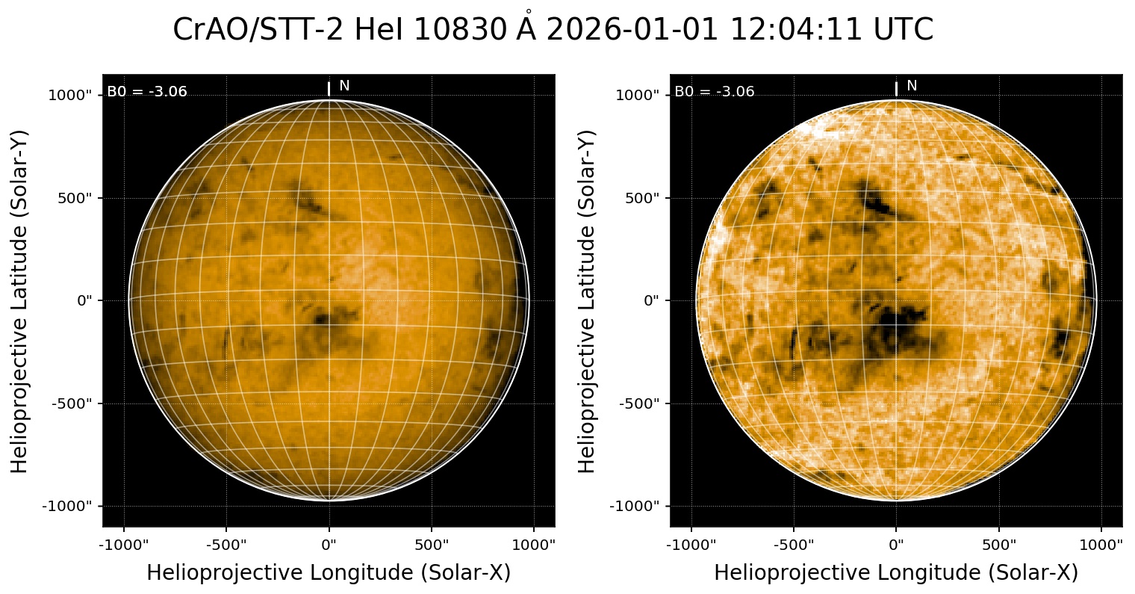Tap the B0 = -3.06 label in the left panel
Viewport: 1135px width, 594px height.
(x=147, y=92)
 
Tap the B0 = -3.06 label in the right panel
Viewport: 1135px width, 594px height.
(x=715, y=92)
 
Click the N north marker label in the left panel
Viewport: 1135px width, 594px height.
(x=344, y=86)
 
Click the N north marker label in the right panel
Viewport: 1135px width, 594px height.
(x=912, y=86)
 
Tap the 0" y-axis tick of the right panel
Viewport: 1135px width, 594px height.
(x=650, y=300)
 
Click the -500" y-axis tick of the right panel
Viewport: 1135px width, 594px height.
(x=638, y=403)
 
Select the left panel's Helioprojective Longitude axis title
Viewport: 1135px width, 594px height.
(x=329, y=573)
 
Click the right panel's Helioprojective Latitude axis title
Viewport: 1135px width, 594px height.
(x=588, y=300)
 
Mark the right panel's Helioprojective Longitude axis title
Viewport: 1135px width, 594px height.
(x=896, y=573)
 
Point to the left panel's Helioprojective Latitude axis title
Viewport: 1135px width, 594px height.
(x=21, y=300)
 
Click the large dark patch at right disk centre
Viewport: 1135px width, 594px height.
(x=900, y=329)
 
